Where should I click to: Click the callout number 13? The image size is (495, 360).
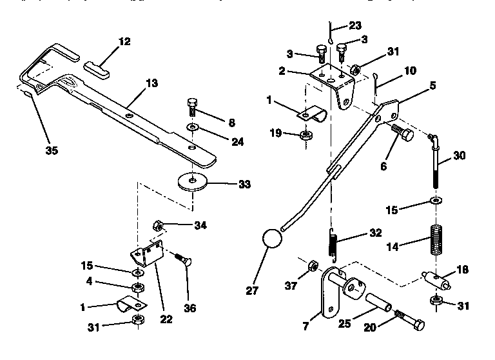(x=152, y=83)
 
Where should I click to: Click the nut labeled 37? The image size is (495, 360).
(x=310, y=266)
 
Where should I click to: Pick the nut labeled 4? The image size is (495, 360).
(x=137, y=286)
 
